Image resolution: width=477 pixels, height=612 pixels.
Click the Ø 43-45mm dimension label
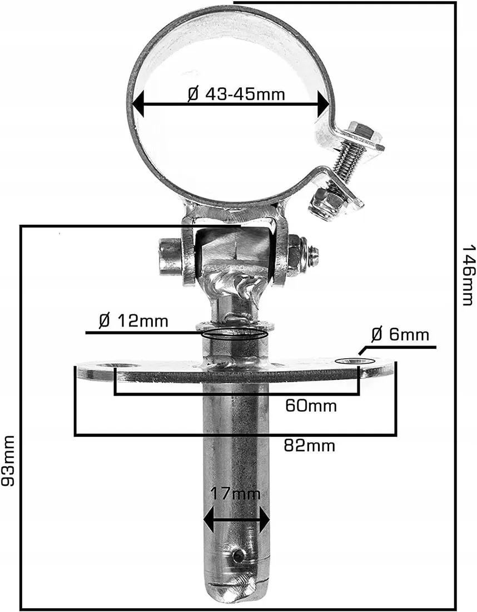[236, 94]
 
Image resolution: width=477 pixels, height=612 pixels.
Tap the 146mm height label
[468, 275]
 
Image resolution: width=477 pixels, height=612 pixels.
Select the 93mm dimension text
[8, 461]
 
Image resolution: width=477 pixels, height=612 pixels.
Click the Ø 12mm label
[133, 321]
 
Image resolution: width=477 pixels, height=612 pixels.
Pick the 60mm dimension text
[311, 406]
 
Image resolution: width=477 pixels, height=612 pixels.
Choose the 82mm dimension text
[309, 445]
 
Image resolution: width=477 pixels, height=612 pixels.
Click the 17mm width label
[235, 493]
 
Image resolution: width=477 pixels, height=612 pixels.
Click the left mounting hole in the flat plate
[120, 366]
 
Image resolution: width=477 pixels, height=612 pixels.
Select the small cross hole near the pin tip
[238, 555]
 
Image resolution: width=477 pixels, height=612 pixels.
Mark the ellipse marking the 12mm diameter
[234, 334]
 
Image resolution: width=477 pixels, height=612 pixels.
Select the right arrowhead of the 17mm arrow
[264, 520]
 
